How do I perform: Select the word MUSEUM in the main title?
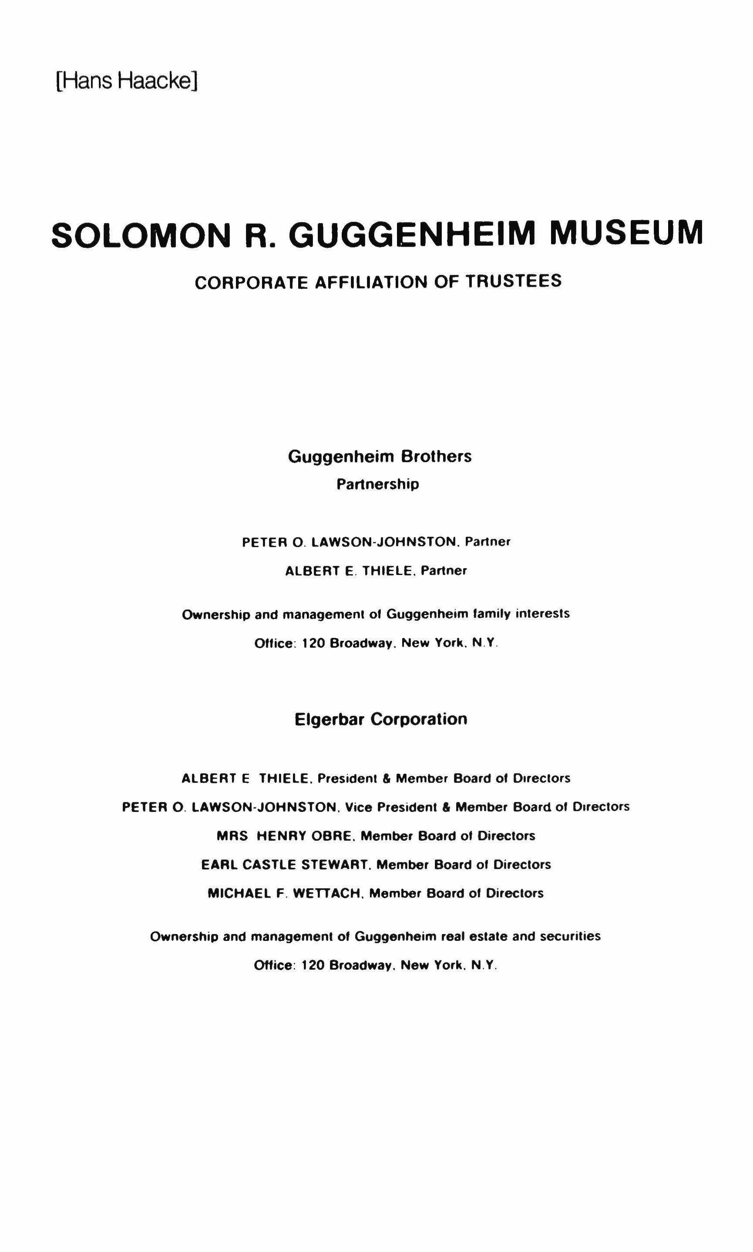tap(627, 233)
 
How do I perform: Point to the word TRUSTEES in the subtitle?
tap(514, 281)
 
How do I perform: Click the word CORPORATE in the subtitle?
tap(251, 283)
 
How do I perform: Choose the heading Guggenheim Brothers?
tap(380, 457)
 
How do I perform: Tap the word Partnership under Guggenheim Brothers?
tap(378, 484)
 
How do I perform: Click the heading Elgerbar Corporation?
tap(380, 719)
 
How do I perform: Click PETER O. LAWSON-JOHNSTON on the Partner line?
tap(350, 542)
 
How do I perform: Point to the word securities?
tap(570, 936)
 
